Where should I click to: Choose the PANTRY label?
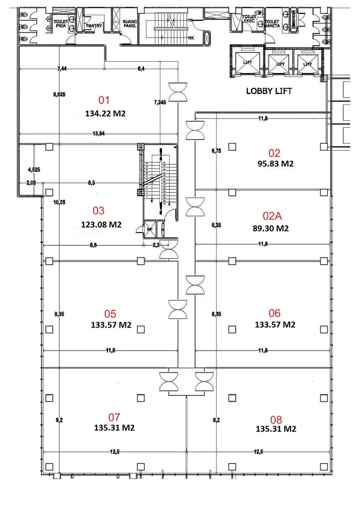point(96,25)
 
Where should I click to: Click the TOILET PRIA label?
point(61,23)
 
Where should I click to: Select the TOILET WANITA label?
point(272,23)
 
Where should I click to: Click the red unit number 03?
point(98,210)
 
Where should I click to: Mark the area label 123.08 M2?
point(101,224)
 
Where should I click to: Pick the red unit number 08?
point(275,419)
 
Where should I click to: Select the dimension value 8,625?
point(60,95)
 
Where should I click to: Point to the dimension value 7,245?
point(160,102)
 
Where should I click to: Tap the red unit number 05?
point(110,313)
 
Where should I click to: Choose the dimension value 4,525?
point(33,171)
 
